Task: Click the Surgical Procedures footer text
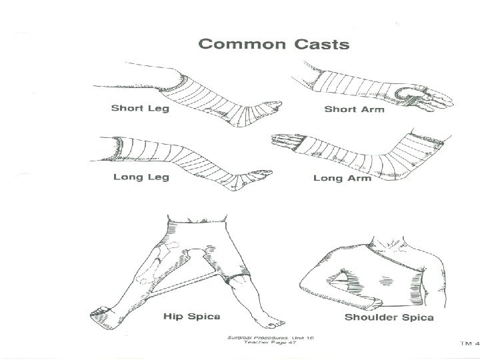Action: click(270, 338)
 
